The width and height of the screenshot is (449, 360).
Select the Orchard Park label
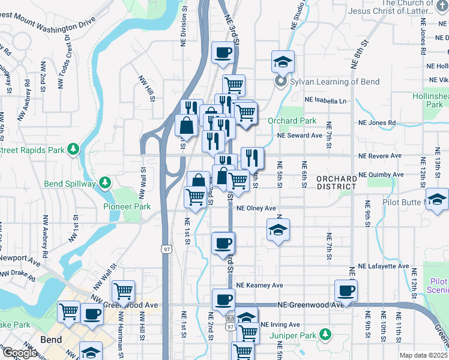pyautogui.click(x=292, y=121)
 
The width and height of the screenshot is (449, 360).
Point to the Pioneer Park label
pyautogui.click(x=134, y=206)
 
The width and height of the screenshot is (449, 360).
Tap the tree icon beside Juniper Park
pyautogui.click(x=325, y=334)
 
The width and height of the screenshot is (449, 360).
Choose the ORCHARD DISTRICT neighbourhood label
pyautogui.click(x=337, y=182)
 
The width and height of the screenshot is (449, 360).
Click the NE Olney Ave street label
pyautogui.click(x=256, y=209)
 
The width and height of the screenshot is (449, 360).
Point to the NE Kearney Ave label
pyautogui.click(x=259, y=286)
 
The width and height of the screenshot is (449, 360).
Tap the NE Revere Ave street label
pyautogui.click(x=380, y=155)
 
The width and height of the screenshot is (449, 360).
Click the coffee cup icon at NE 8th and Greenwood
pyautogui.click(x=346, y=291)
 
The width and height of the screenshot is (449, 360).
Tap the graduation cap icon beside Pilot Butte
pyautogui.click(x=437, y=200)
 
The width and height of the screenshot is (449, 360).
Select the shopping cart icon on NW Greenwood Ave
pyautogui.click(x=123, y=292)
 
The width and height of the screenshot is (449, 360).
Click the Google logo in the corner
pyautogui.click(x=20, y=353)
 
